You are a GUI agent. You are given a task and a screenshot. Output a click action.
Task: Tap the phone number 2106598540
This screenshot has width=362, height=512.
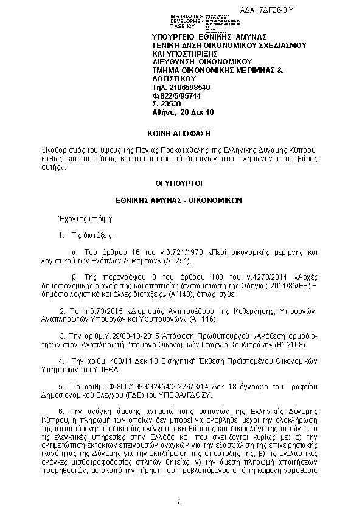[186, 88]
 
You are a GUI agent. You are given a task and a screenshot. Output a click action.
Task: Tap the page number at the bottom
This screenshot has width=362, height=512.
[179, 502]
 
